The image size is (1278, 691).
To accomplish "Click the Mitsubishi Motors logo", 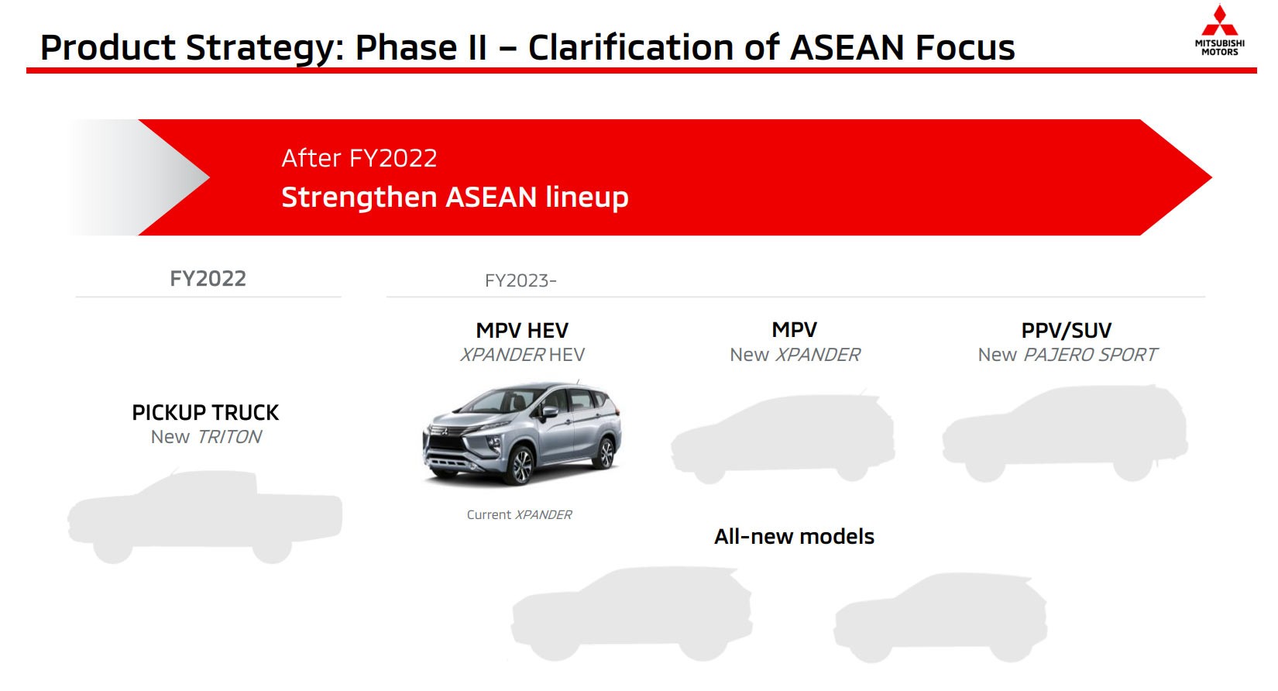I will pos(1219,31).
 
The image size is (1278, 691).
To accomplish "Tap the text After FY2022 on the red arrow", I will pos(359,158).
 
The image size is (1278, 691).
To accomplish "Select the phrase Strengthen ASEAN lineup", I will pos(455,197).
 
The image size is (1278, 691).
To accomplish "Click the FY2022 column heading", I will pos(208,279).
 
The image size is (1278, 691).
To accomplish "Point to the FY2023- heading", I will pos(520,280).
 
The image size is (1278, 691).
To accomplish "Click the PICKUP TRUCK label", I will pos(205,412).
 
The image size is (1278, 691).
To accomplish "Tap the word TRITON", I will pos(230,437).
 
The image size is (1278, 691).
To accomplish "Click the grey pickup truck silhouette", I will pos(205,515).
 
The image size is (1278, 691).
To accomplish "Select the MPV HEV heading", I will pos(522,331).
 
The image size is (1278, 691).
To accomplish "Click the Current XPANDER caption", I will pos(519,514).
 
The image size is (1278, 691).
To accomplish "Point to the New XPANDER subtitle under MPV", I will pos(795,355).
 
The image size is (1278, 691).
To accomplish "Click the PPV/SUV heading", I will pos(1066,331).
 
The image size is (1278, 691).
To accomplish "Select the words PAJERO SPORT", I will pos(1091,355).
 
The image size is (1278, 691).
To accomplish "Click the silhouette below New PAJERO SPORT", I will pos(1065,434).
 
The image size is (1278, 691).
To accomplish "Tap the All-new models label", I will pos(794,536).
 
